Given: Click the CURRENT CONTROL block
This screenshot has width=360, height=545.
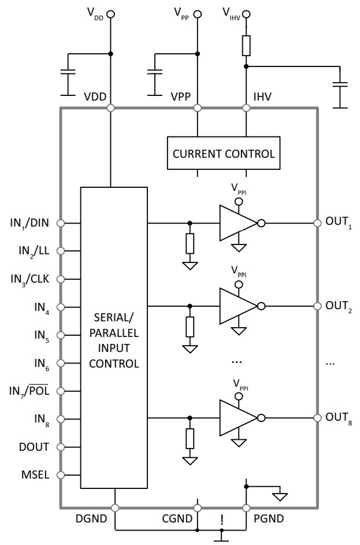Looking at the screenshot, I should click(224, 154).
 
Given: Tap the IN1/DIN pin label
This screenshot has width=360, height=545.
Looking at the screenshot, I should click(30, 222).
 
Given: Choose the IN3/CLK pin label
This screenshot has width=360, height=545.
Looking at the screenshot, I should click(30, 279).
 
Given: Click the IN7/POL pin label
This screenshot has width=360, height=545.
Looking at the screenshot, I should click(29, 391).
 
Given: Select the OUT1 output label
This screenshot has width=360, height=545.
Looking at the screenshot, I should click(338, 223).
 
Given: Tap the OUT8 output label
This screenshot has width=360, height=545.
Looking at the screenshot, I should click(338, 418).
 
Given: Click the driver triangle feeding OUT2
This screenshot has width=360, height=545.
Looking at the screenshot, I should click(236, 306).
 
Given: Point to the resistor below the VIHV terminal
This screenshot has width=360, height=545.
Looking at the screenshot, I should click(247, 45).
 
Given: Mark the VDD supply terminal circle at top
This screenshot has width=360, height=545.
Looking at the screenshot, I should click(110, 14).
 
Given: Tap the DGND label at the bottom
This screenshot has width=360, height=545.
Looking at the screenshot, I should click(91, 519).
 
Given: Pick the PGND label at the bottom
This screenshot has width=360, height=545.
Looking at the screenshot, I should click(269, 519).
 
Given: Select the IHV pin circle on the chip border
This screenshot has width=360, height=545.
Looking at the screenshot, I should click(247, 108).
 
